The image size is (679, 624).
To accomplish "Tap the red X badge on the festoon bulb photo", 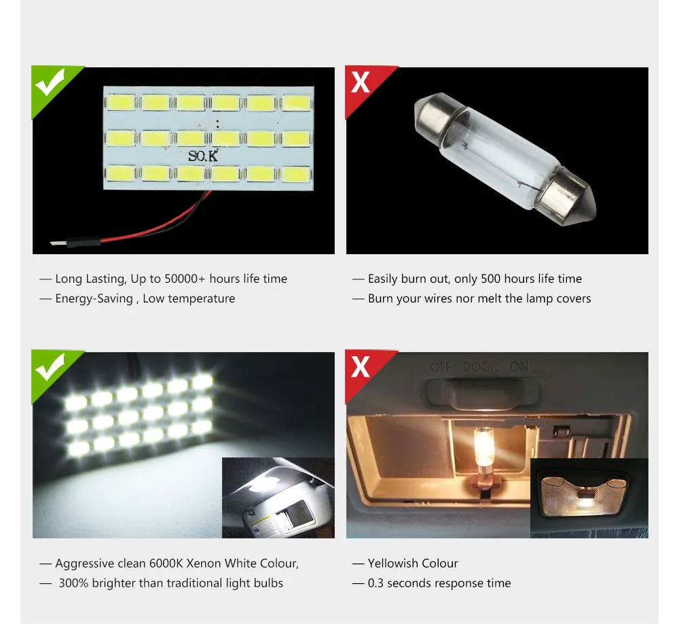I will (361, 83).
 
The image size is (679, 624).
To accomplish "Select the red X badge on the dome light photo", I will (361, 368).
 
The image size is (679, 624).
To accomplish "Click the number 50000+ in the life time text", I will (185, 279).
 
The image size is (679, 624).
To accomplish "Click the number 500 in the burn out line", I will (492, 279).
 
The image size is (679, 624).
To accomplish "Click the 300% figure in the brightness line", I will (73, 583).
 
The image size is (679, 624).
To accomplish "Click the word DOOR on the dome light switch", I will (480, 366).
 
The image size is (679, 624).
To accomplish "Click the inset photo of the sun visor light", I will (278, 498).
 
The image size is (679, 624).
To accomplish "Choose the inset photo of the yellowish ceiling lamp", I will (589, 497).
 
